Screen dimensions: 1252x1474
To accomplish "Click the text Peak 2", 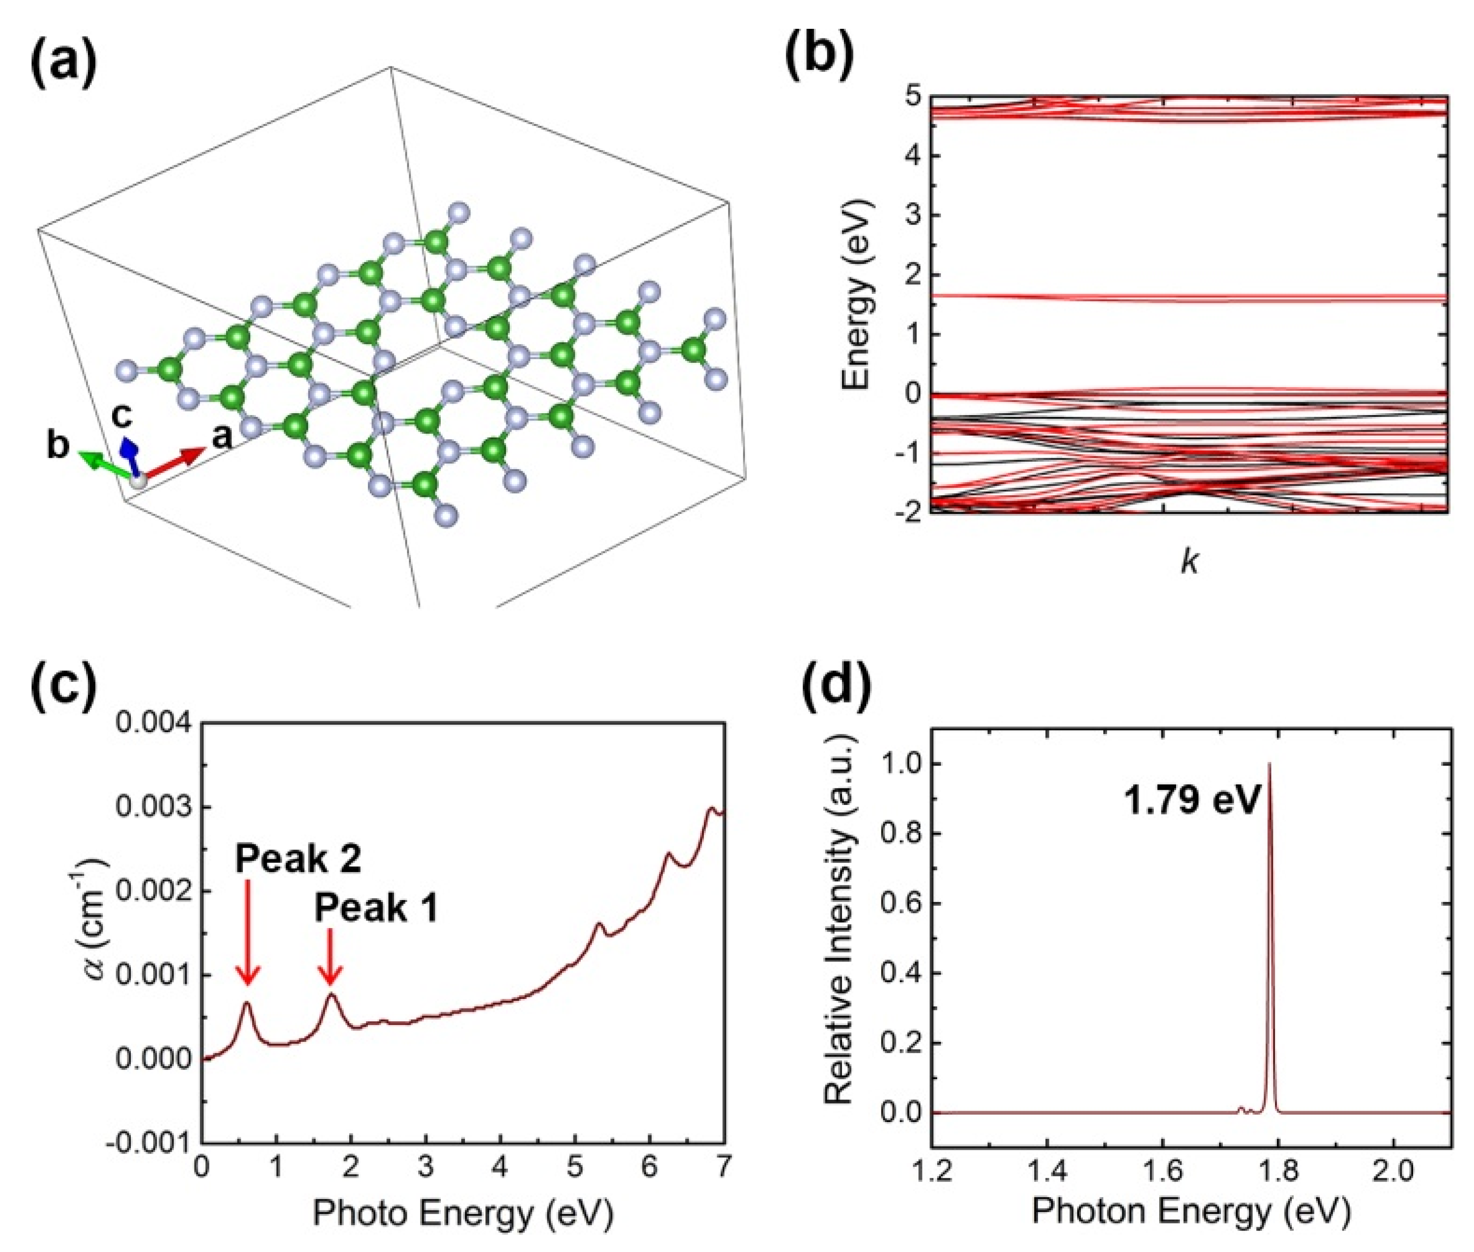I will point(298,859).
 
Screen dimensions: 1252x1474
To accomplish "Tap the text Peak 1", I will point(376,908).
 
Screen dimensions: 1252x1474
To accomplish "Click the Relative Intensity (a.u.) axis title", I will point(840,930).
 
